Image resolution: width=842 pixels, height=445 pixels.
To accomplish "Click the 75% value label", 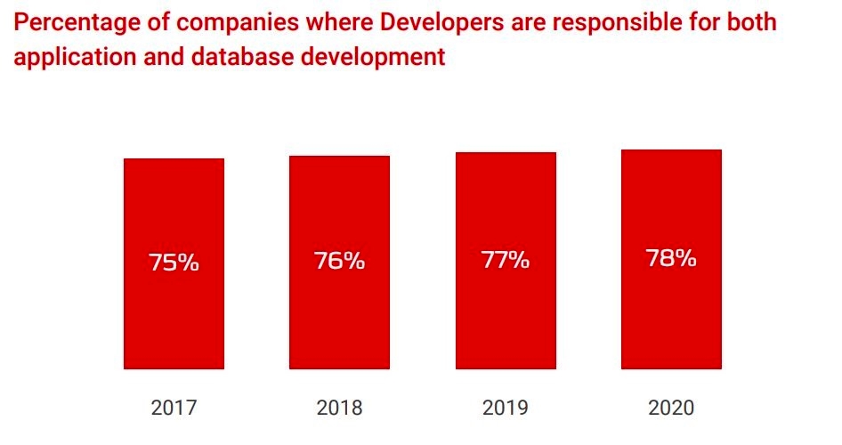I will (x=174, y=263).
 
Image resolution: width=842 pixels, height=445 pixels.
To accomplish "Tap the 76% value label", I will (x=339, y=262).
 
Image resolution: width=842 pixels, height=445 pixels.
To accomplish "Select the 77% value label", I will (x=505, y=260).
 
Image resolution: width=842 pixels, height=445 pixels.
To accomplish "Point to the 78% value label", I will (x=671, y=259).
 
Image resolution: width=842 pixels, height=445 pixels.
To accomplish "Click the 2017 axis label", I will (x=174, y=409).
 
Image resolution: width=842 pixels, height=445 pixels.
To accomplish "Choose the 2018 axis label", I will (x=339, y=409).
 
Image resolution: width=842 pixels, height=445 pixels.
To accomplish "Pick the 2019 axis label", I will (x=505, y=409).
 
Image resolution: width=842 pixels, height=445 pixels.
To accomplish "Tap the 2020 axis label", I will (x=671, y=409).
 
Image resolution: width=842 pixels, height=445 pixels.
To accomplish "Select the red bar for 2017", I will (x=174, y=320).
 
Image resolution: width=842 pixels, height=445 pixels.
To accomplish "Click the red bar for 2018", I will (x=339, y=320).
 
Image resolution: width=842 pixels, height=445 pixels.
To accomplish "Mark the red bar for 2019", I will (x=505, y=320).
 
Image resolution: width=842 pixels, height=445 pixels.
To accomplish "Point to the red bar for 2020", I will (x=671, y=320).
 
